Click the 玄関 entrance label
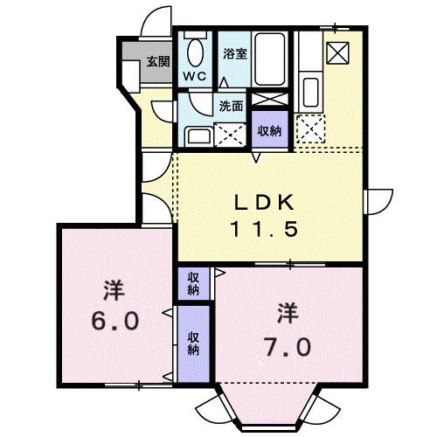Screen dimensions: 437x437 157,61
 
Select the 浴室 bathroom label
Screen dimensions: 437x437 233,53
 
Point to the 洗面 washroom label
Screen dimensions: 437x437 230,108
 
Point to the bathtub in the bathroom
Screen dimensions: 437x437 272,61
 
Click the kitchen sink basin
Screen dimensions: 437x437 310,89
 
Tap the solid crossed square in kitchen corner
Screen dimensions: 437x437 337,52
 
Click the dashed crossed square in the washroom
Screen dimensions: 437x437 230,134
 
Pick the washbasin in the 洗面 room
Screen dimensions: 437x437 196,135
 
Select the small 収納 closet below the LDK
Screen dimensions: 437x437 192,283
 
